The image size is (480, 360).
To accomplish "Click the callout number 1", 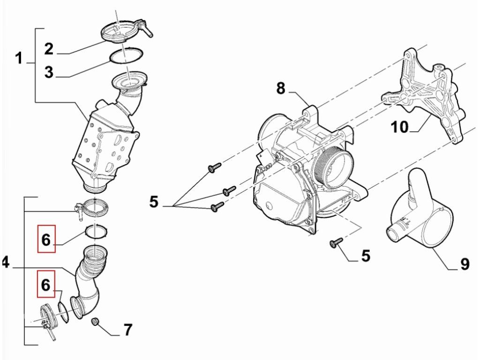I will click(x=19, y=59).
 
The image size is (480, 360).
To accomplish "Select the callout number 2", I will click(x=49, y=49).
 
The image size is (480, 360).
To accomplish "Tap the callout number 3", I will click(x=49, y=73).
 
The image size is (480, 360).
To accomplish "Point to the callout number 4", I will click(x=5, y=262).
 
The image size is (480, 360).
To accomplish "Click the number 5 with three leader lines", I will click(x=154, y=202).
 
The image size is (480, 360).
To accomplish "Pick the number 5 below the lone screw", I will click(x=365, y=255).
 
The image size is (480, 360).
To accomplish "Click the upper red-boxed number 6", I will click(x=46, y=240).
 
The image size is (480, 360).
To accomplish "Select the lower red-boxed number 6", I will click(x=46, y=285).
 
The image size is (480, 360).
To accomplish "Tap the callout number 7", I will click(x=127, y=330).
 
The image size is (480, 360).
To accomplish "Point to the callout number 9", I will click(x=465, y=265).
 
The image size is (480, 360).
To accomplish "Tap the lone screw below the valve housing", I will click(x=336, y=242).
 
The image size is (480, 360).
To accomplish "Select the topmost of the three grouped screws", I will click(x=214, y=167).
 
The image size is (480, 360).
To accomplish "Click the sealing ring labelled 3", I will click(x=127, y=55).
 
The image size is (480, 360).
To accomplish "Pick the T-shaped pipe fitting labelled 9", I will click(x=420, y=216).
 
